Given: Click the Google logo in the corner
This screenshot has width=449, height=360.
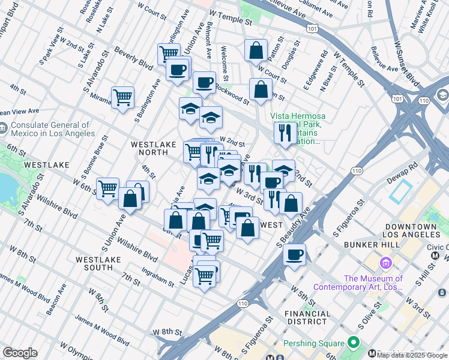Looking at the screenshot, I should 20,353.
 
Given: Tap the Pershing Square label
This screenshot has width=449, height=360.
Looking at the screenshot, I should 316,344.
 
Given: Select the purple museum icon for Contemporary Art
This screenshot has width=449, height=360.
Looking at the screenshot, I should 385,263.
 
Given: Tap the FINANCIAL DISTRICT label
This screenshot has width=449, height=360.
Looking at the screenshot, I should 307,318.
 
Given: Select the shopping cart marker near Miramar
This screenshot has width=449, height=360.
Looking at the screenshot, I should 122,97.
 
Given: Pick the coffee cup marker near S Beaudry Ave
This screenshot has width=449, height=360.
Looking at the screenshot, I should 294,254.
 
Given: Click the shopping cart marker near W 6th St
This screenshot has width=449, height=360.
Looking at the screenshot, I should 108,188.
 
